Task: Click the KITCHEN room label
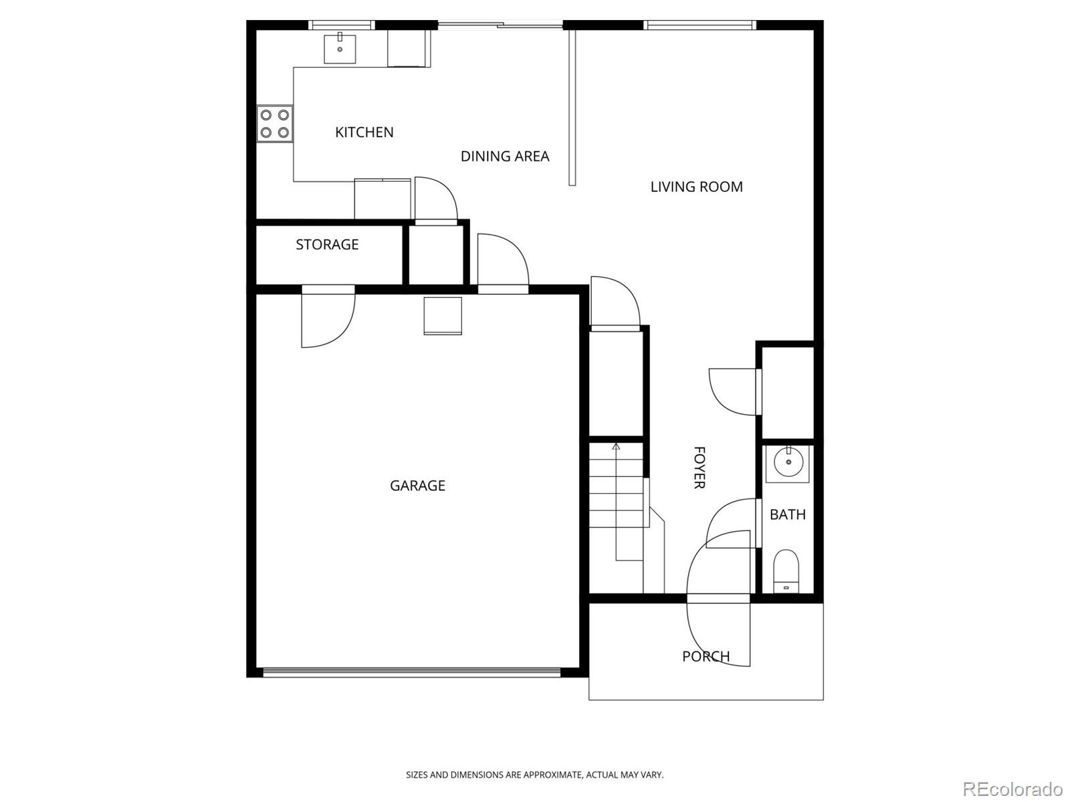pos(364,132)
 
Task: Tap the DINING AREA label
pos(505,156)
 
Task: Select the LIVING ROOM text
pos(697,187)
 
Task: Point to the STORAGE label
pos(327,244)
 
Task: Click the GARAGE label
pos(417,486)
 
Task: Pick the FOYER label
pos(700,468)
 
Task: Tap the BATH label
pos(788,514)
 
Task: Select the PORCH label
pos(706,656)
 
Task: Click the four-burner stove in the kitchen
pos(275,124)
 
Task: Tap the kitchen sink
pos(340,48)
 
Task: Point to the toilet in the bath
pos(786,571)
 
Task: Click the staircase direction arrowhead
pos(616,446)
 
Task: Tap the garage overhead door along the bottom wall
pos(412,673)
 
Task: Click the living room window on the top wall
pos(700,25)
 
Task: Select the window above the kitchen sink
pos(342,25)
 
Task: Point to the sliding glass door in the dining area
pos(500,24)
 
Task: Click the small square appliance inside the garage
pos(443,316)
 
